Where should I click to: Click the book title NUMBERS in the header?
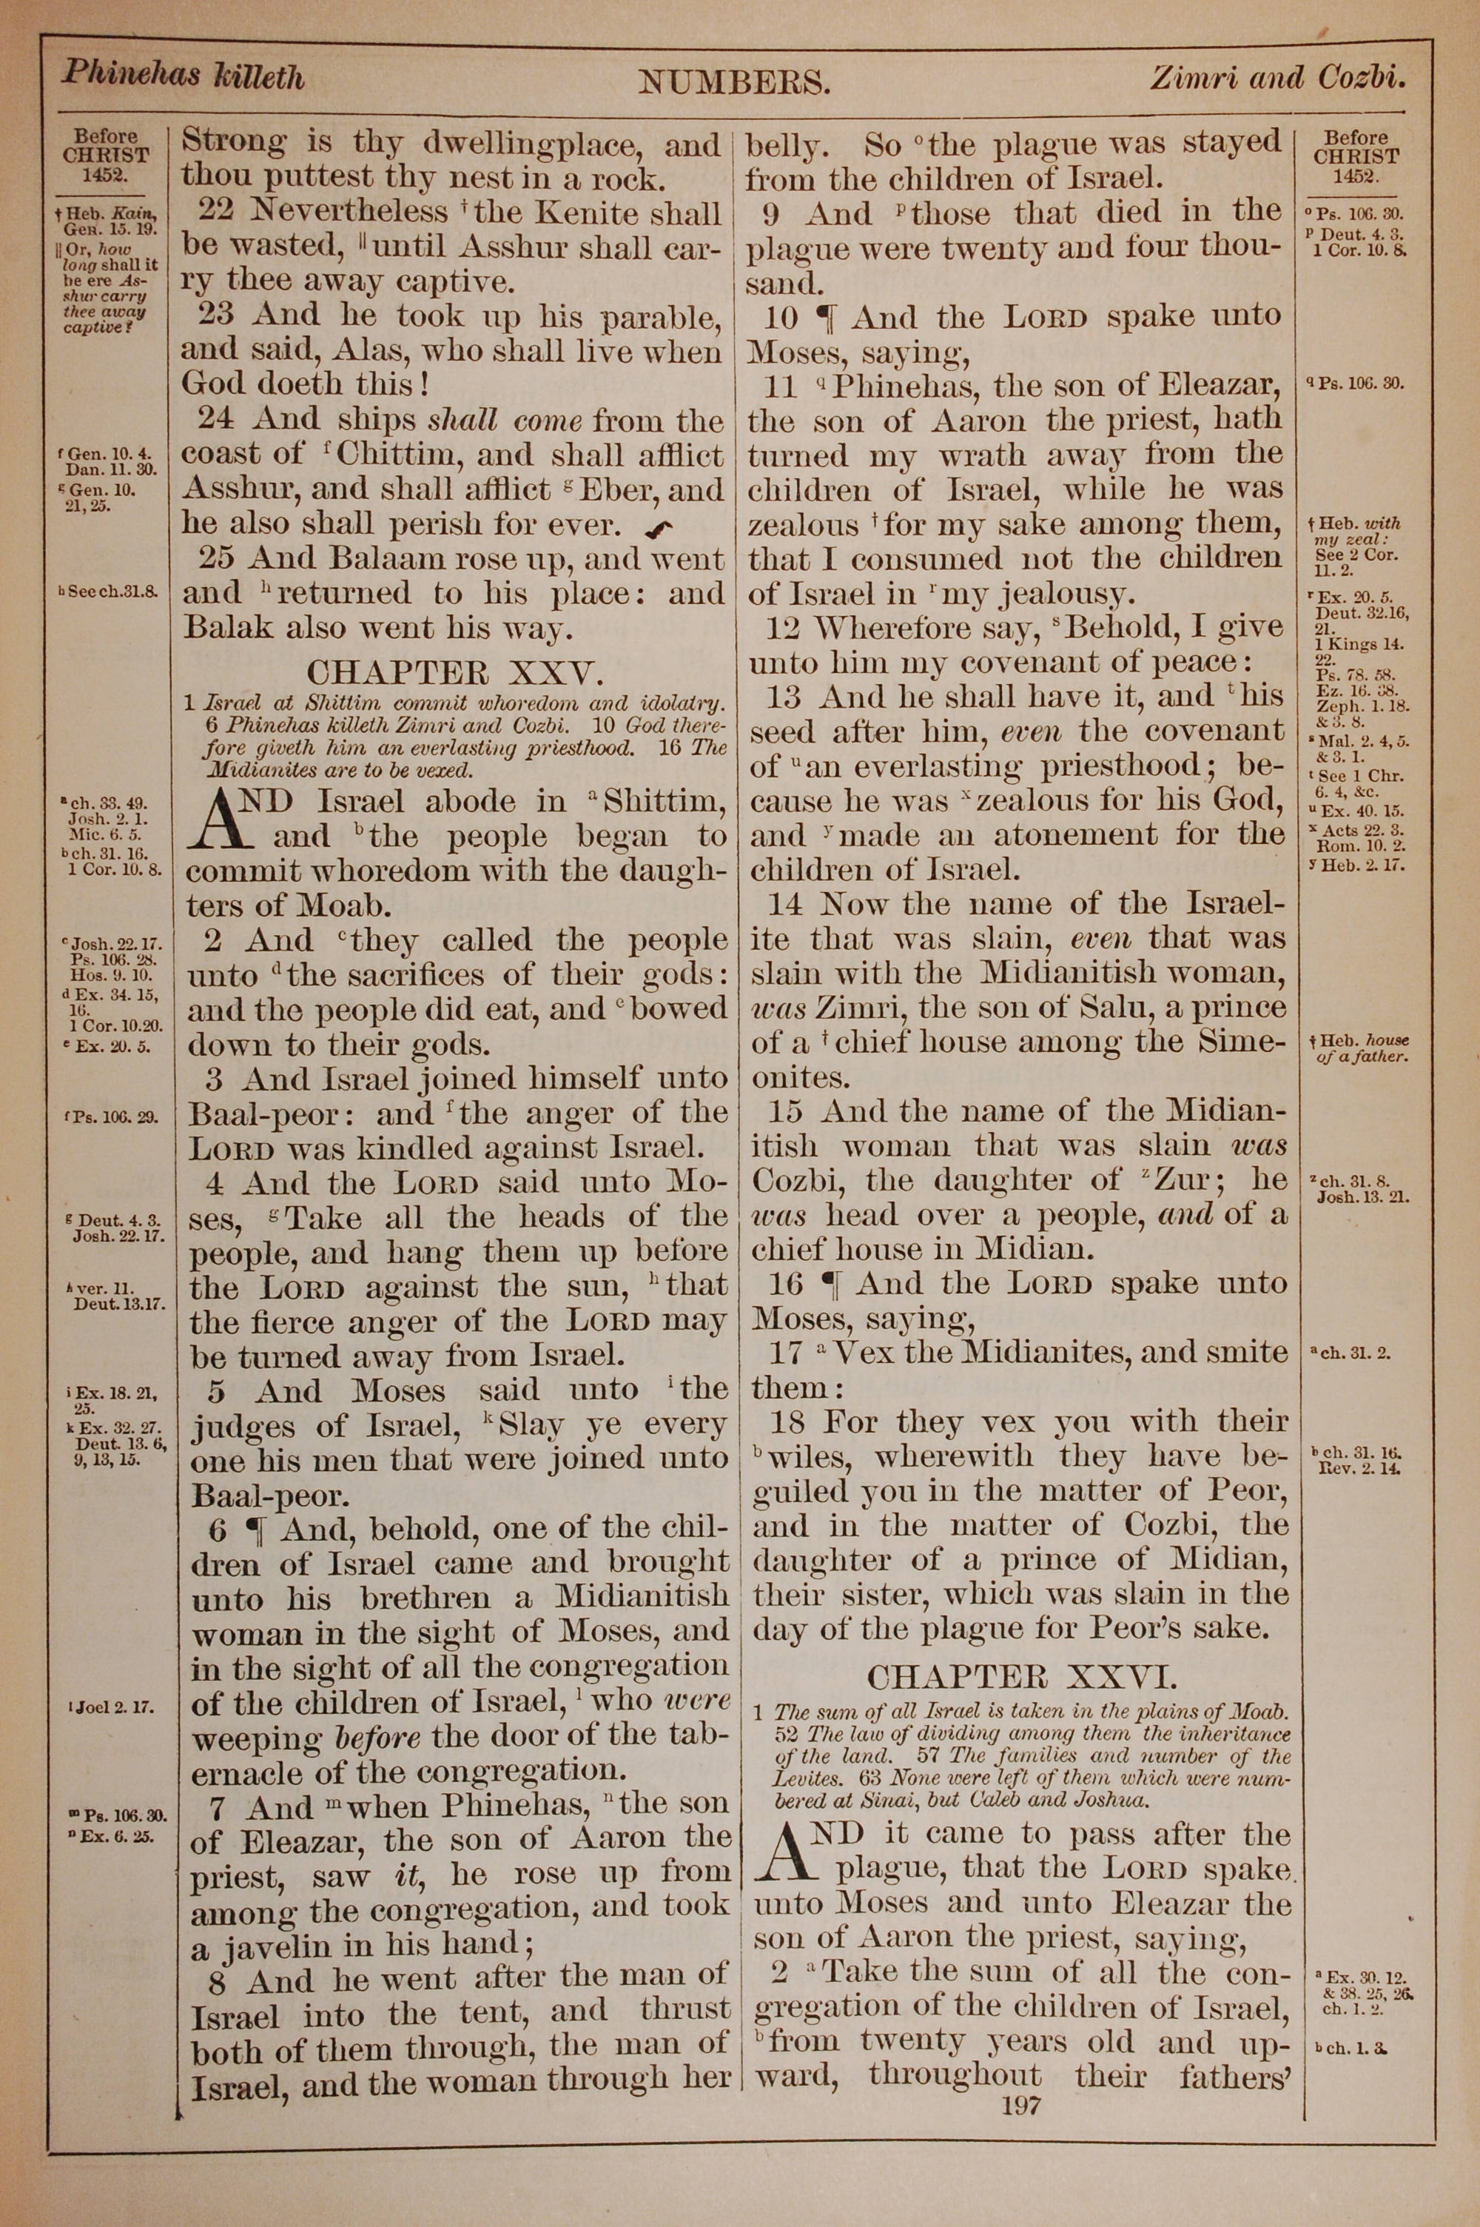click(734, 84)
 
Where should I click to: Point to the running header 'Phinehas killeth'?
click(183, 76)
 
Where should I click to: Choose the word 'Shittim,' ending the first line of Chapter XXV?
click(665, 803)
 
